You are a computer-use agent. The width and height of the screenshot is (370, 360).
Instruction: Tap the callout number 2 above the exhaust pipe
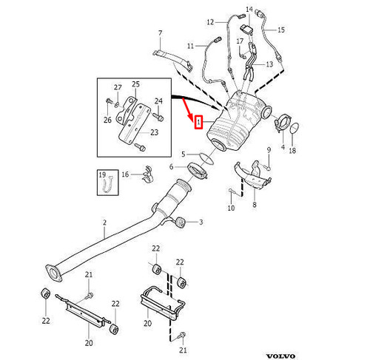pos(104,223)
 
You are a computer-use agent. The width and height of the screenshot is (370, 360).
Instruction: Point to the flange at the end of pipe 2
pos(53,271)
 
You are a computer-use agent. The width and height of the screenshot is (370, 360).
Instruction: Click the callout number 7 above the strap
pos(158,34)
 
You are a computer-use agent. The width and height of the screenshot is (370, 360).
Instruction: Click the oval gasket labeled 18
pos(293,131)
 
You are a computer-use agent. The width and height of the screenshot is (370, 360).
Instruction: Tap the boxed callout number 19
pos(104,174)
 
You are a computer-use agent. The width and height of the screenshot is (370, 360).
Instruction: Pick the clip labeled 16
pos(145,174)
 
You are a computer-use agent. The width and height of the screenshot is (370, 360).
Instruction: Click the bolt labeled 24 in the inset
pos(158,115)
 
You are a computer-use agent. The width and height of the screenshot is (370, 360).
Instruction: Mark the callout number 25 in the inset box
pos(135,86)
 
